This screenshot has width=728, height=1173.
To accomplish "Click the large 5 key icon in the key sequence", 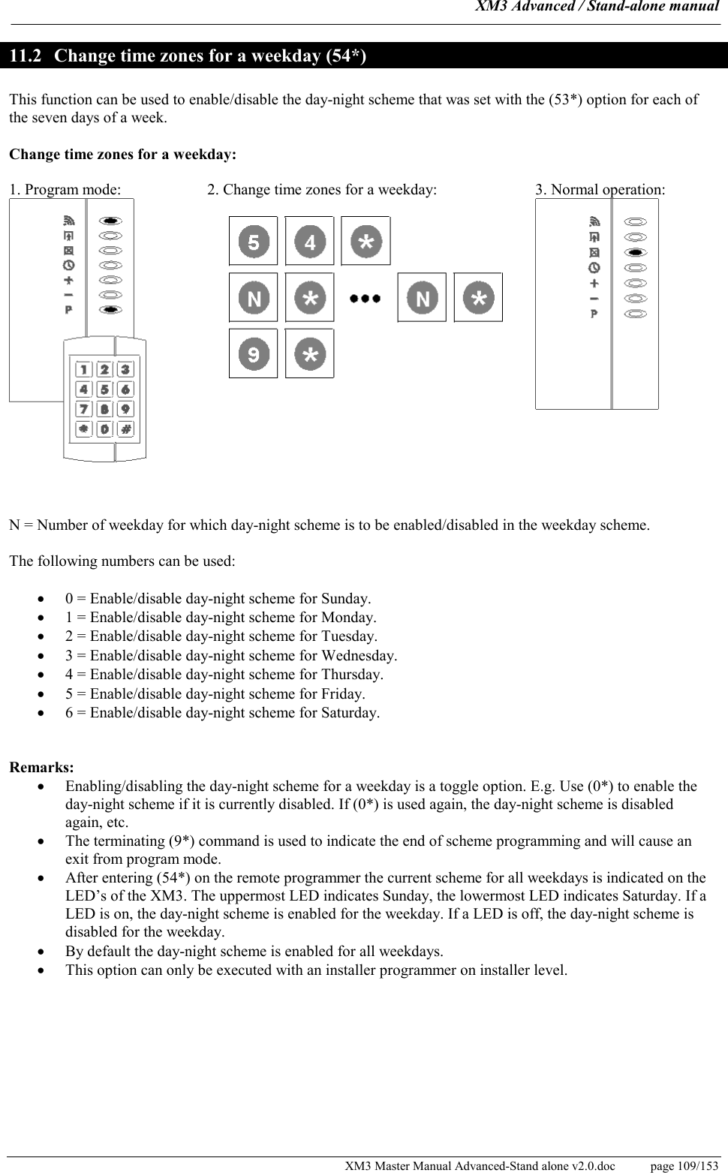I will pyautogui.click(x=253, y=242).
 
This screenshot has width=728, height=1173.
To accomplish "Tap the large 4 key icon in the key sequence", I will pyautogui.click(x=309, y=242).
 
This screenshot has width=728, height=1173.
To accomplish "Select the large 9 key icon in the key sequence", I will pyautogui.click(x=253, y=353).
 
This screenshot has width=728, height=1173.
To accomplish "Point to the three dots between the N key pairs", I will pyautogui.click(x=366, y=298).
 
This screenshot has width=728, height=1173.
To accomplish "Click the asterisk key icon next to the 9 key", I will pyautogui.click(x=309, y=353).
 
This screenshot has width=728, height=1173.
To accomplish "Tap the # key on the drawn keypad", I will pyautogui.click(x=125, y=429).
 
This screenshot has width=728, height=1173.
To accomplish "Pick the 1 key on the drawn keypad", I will pyautogui.click(x=83, y=369).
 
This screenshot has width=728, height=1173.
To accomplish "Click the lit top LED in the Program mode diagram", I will pyautogui.click(x=110, y=221).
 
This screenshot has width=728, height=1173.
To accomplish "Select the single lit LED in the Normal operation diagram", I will pyautogui.click(x=635, y=253).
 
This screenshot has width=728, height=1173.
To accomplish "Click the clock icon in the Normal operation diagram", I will pyautogui.click(x=594, y=267).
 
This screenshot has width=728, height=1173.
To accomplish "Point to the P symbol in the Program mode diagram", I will pyautogui.click(x=68, y=309).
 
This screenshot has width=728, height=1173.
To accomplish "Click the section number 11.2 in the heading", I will pyautogui.click(x=26, y=56).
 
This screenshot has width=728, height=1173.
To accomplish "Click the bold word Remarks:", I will pyautogui.click(x=41, y=767).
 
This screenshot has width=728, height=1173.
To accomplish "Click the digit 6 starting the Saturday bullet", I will pyautogui.click(x=69, y=712).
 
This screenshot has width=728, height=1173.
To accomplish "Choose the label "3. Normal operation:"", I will pyautogui.click(x=600, y=189).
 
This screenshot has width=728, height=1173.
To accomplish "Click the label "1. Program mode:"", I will pyautogui.click(x=65, y=189).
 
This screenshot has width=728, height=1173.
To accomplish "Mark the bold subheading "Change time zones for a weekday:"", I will pyautogui.click(x=122, y=155).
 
